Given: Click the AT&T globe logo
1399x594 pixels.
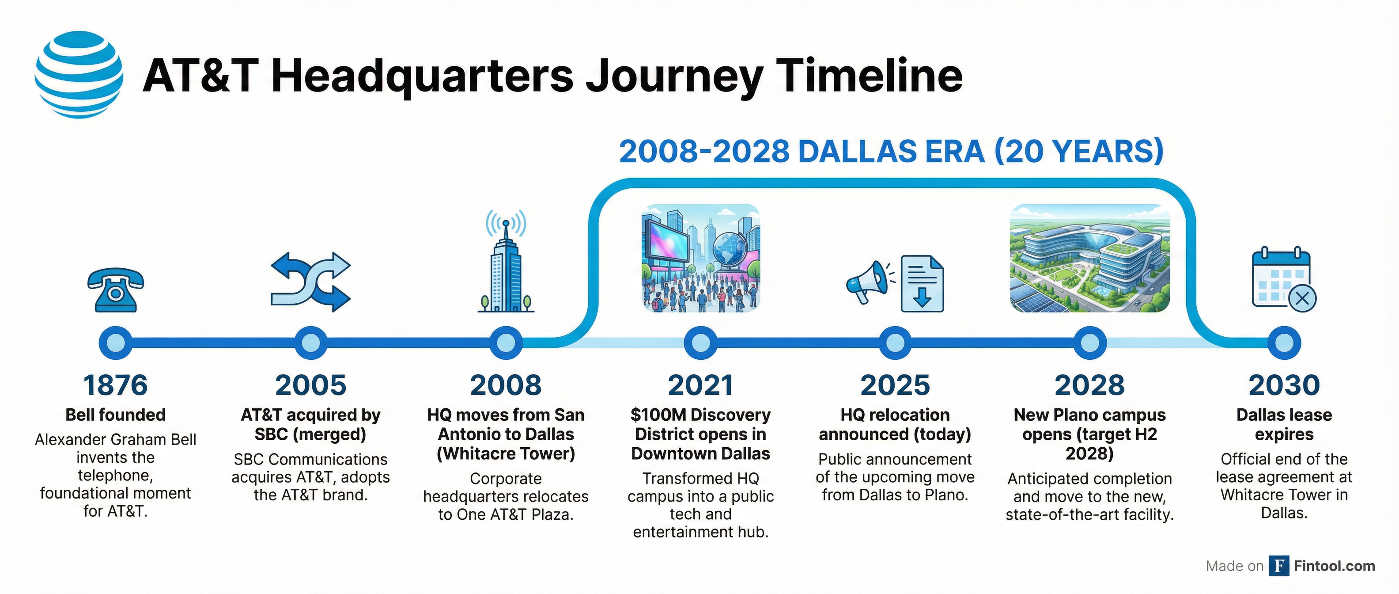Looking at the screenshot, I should (79, 74).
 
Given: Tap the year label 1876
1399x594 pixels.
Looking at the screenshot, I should (115, 385).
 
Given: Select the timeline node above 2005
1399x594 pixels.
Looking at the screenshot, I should (310, 343).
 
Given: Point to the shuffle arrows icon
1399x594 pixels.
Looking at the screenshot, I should (310, 282).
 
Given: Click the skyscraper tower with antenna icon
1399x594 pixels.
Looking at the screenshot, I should (506, 267).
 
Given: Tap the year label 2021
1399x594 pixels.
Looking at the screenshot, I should (700, 385).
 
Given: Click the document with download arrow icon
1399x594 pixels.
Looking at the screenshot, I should (922, 284).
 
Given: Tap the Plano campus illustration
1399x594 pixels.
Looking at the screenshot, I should (1089, 258).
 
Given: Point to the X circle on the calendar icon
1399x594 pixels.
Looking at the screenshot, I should (1302, 298).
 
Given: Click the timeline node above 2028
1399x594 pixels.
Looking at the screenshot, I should (1089, 343).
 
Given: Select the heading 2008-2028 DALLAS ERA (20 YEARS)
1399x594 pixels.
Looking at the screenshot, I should (891, 151).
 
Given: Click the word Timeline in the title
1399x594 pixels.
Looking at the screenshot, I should (869, 76).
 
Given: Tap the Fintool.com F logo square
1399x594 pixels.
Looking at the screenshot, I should (1279, 566).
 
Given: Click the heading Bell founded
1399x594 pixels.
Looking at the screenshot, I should (115, 415).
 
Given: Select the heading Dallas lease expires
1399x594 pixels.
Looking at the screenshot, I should (1284, 424).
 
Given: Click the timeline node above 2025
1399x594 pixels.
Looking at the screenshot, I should (895, 343).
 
